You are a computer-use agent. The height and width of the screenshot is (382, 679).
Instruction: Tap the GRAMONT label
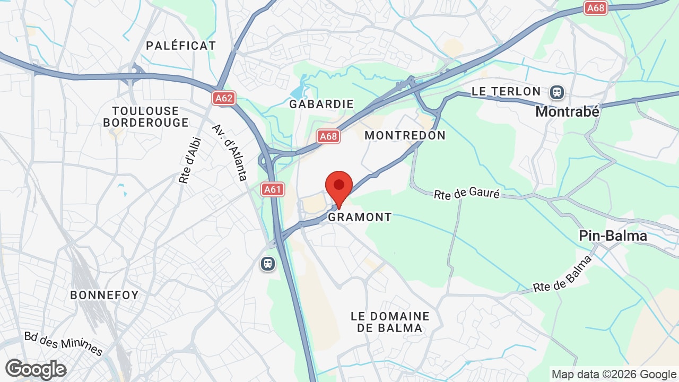360,217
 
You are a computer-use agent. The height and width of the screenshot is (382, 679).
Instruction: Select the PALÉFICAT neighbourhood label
181,46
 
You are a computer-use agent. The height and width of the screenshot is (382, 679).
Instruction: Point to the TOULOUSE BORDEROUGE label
146,117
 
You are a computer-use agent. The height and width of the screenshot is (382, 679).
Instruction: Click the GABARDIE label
321,104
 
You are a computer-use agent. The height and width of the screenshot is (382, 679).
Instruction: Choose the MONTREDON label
405,135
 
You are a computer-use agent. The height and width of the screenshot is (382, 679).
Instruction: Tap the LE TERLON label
506,91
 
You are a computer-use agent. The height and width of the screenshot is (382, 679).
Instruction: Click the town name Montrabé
567,112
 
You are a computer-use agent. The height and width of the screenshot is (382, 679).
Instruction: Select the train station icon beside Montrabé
556,92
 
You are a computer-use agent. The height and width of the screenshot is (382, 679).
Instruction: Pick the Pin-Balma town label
613,236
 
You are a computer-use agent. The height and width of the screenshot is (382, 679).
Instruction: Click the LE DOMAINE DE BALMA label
390,322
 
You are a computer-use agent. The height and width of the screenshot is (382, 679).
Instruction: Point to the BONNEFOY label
105,295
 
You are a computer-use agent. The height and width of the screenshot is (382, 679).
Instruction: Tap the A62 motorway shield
224,98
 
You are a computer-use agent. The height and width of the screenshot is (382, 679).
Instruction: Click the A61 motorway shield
273,189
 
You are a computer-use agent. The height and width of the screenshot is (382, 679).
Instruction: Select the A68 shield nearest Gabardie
328,136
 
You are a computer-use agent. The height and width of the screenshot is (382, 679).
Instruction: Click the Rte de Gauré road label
467,194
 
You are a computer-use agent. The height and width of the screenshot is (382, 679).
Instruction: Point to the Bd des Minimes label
63,343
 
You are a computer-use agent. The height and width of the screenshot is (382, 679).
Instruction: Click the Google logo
36,369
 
